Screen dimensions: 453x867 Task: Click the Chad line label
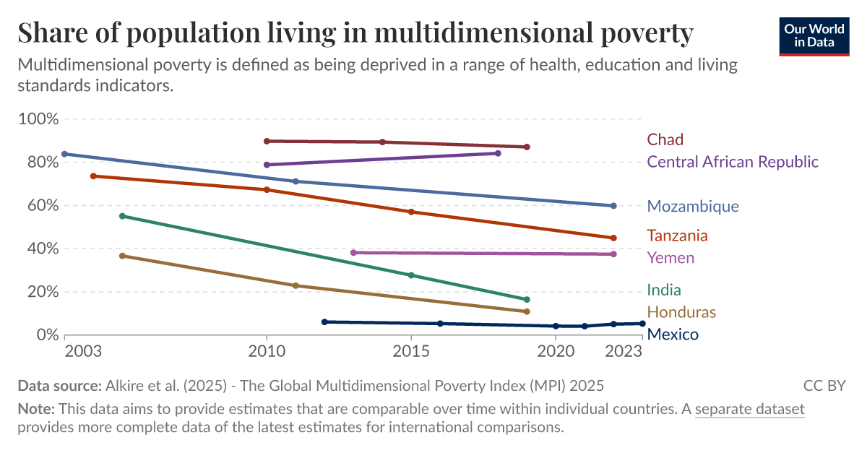point(665,139)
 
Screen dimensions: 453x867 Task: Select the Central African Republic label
point(733,162)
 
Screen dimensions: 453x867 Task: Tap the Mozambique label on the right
point(693,207)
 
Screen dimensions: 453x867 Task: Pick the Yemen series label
point(670,258)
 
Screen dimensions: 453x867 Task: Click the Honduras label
point(681,312)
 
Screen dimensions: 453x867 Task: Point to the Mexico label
point(673,335)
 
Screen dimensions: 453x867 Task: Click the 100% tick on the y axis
point(37,118)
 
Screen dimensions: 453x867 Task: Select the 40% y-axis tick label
point(40,249)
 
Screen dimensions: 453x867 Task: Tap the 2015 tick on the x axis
point(411,351)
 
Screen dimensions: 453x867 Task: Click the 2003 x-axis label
point(82,351)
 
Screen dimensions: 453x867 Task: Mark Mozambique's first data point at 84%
point(64,154)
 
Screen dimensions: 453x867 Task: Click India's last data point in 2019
point(527,299)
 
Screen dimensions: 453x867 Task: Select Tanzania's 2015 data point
point(411,212)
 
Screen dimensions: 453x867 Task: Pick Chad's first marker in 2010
point(267,141)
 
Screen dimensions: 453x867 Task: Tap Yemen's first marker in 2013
point(353,253)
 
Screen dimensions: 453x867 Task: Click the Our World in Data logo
point(814,35)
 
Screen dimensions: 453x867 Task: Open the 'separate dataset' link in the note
point(749,409)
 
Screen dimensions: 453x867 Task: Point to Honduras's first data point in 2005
point(122,256)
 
